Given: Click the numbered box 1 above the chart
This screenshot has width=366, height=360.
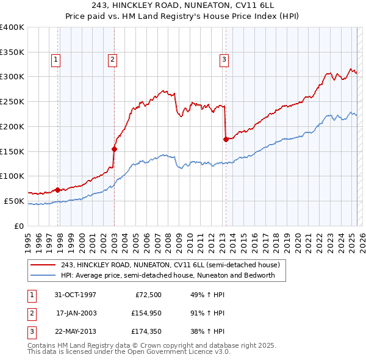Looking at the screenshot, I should (56, 60).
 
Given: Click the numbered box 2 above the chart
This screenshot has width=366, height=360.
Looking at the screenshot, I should (113, 60).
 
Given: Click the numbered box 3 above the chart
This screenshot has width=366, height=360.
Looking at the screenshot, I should (224, 60).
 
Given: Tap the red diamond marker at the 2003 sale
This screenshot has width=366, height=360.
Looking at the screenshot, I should (114, 148).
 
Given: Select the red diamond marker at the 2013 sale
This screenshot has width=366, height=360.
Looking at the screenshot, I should (226, 139).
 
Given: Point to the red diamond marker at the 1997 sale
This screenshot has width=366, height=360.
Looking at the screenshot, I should (57, 190).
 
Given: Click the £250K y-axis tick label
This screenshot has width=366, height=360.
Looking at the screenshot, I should (12, 102).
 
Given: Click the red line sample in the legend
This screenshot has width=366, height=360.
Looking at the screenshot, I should (43, 265).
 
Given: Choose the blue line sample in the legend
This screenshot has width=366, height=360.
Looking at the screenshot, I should (43, 275).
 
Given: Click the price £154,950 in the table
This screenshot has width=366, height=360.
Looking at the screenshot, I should (145, 313).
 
